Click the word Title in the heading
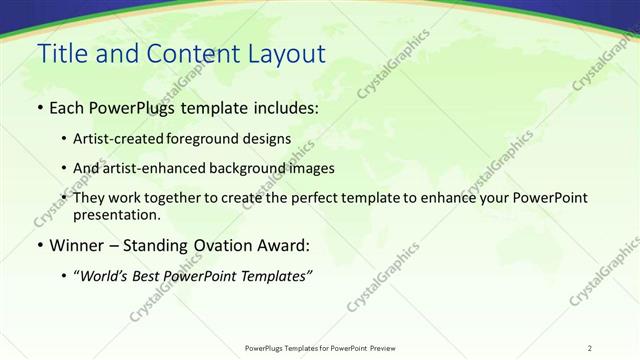point(61,54)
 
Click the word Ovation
point(225,245)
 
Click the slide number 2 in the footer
point(589,348)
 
